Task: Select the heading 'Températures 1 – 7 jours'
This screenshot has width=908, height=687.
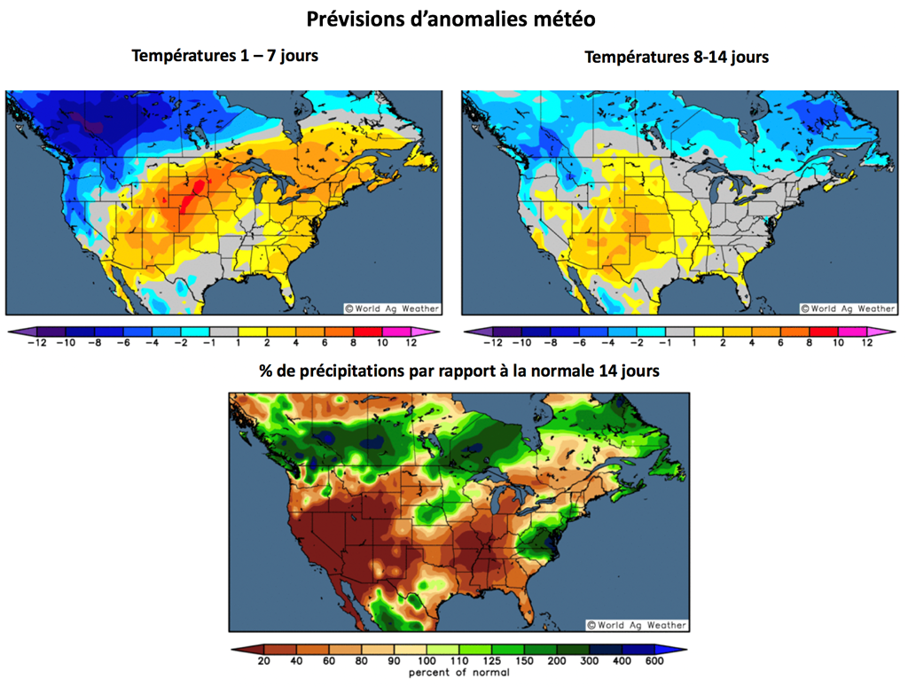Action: pos(224,56)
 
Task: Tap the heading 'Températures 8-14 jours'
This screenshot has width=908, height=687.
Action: pos(677,57)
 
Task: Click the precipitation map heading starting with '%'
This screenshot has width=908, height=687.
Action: pos(458,371)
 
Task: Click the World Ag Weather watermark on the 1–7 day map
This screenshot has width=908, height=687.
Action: pos(391,308)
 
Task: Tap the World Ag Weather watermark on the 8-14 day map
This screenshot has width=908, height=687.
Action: pos(848,308)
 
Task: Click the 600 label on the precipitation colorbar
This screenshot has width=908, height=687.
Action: pos(654,661)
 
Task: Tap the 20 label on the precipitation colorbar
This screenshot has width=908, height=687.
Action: pos(263,661)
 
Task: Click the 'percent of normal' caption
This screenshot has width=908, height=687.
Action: pos(458,673)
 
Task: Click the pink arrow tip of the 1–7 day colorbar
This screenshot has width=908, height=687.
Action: pos(434,332)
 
